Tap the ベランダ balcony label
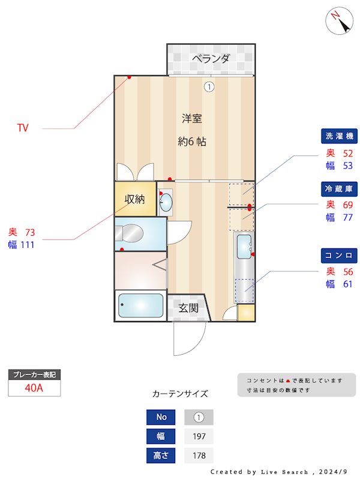pos(211,59)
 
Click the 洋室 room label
pos(192,119)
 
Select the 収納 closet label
pos(134,199)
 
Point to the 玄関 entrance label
pos(188,308)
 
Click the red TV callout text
pos(23,128)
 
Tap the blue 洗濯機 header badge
pos(340,137)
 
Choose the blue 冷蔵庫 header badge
pos(340,188)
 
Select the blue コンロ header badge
pos(340,256)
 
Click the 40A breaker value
pos(34,388)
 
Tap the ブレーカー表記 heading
pos(34,374)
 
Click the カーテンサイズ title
pos(180,394)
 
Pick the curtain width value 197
pos(199,436)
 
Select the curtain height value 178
pos(199,455)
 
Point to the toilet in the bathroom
pos(128,233)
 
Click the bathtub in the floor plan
pos(140,306)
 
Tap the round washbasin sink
pos(166,202)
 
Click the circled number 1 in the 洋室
pos(209,86)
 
